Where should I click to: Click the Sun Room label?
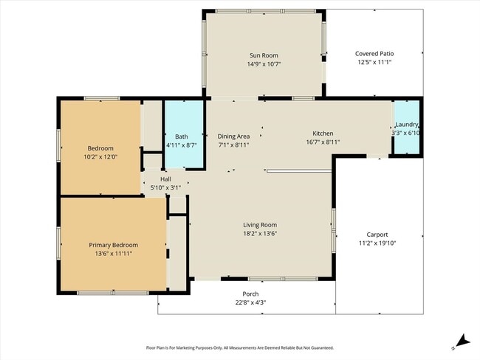(264, 55)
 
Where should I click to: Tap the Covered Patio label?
(374, 54)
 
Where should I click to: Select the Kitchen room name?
(323, 134)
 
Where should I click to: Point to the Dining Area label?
(233, 136)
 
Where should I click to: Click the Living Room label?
(260, 225)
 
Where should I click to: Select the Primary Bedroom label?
(113, 245)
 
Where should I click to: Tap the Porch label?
(246, 294)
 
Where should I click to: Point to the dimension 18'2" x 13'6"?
(260, 234)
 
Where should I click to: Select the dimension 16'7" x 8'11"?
(323, 142)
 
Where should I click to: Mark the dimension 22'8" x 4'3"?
(246, 302)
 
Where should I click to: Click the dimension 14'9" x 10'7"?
(264, 63)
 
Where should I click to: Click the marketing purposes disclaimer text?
(239, 347)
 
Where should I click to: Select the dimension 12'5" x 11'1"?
(374, 63)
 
